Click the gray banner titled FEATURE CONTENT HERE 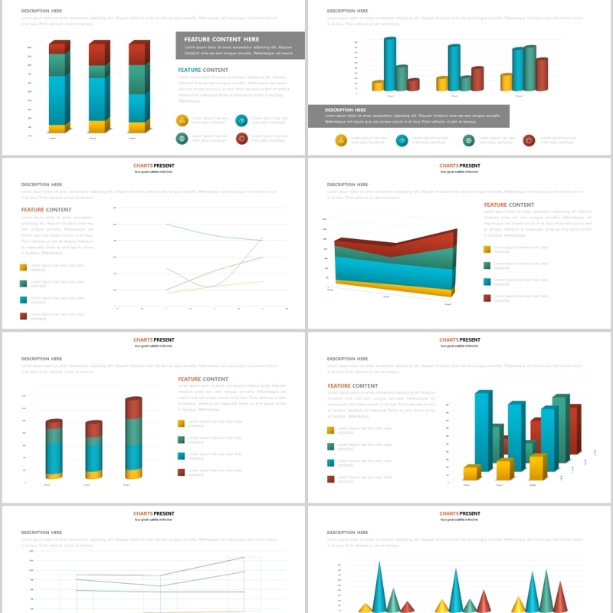click(x=240, y=45)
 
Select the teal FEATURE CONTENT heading click(x=203, y=70)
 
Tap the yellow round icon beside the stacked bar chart click(x=182, y=120)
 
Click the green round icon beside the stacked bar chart click(x=182, y=139)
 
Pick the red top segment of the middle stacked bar click(x=98, y=54)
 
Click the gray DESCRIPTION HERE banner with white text click(x=408, y=116)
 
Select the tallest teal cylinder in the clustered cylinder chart click(x=390, y=65)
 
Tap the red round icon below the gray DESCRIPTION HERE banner click(x=529, y=140)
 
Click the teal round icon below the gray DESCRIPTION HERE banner click(x=402, y=140)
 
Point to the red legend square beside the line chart click(x=24, y=316)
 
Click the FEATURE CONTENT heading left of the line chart click(x=46, y=209)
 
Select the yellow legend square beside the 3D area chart click(x=487, y=249)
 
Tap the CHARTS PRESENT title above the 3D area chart click(x=460, y=166)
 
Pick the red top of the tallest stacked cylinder click(x=133, y=408)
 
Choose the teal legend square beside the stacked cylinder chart click(x=182, y=456)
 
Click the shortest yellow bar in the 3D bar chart click(x=471, y=472)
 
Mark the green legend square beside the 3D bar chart click(x=331, y=447)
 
